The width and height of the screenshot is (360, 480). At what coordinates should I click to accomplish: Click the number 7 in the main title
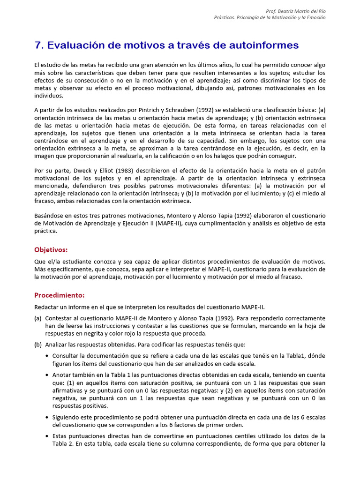tap(38, 45)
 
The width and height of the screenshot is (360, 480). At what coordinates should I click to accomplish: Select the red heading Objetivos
tap(51, 249)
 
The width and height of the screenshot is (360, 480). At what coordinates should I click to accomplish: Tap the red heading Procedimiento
tap(60, 295)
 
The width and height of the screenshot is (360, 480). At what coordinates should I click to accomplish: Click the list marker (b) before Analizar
tap(38, 345)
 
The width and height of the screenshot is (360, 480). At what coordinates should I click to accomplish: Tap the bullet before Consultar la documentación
tap(48, 356)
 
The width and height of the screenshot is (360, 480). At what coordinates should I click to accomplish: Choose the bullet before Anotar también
tap(48, 375)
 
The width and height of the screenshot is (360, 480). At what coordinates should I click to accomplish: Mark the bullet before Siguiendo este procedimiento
tap(48, 417)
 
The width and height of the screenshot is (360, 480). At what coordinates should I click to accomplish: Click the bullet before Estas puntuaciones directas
tap(48, 436)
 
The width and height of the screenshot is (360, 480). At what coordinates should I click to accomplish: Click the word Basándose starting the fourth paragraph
tap(49, 216)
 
